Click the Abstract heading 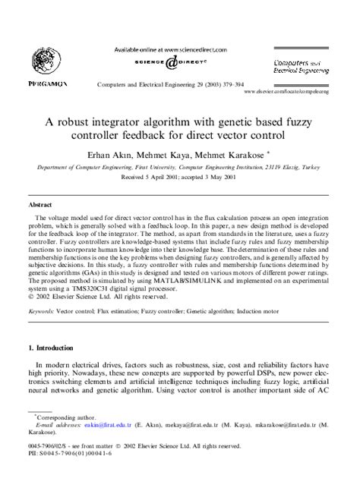pyautogui.click(x=40, y=205)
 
